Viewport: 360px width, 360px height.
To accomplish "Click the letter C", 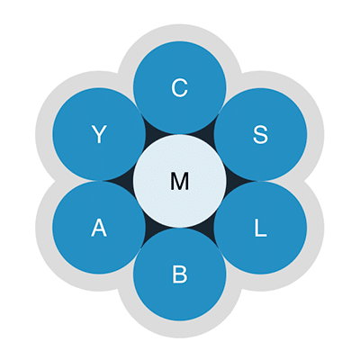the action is [180, 87].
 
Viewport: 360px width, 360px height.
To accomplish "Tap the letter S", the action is [260, 134].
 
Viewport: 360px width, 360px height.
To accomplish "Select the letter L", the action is [260, 228].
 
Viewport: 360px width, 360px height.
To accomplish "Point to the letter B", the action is [180, 274].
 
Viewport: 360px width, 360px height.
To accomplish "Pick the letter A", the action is [99, 228].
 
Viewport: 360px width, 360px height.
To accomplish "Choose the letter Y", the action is [99, 134].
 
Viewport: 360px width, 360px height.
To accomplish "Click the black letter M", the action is [180, 181].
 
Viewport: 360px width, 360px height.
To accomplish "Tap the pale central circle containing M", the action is [180, 181].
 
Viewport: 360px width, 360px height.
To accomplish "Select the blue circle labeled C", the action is [180, 87].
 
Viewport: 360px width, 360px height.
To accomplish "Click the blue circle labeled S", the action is [260, 134].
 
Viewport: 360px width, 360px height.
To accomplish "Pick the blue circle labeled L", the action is [260, 228].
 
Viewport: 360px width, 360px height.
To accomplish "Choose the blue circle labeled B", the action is [180, 274].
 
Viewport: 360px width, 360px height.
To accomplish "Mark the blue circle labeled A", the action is [99, 228].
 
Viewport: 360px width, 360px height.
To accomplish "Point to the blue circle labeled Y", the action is [99, 134].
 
